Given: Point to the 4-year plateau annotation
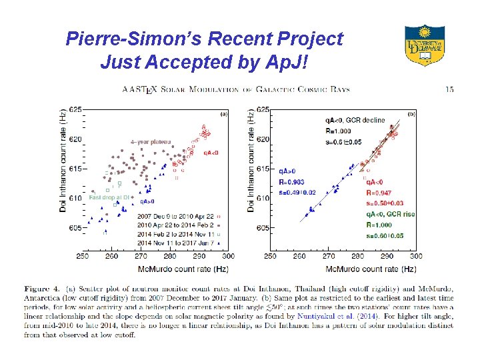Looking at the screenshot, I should click(x=150, y=141).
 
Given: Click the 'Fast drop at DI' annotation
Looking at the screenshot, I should click(x=109, y=197).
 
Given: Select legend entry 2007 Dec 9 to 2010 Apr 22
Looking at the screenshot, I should click(x=175, y=217).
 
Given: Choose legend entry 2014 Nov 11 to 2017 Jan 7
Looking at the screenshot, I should click(x=176, y=243).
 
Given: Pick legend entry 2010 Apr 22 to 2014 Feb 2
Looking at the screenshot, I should click(x=175, y=225).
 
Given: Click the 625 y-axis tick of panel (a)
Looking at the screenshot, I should click(x=75, y=109).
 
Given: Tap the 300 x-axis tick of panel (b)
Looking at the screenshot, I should click(x=415, y=256).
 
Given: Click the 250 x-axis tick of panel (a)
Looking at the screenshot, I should click(x=82, y=256).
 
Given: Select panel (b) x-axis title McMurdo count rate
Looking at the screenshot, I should click(x=343, y=269).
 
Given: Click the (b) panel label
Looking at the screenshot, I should click(x=411, y=114).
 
